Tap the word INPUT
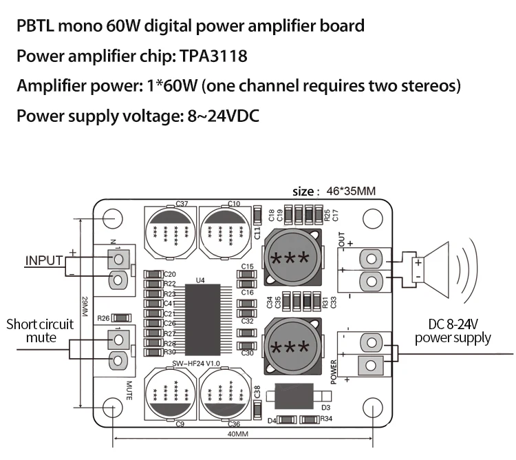point(44,260)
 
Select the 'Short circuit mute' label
point(41,331)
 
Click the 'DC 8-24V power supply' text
point(453,331)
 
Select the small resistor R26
point(120,317)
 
